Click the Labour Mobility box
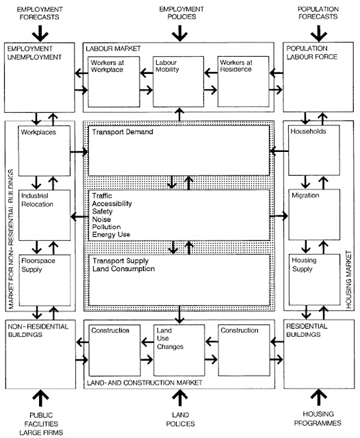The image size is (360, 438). pyautogui.click(x=178, y=81)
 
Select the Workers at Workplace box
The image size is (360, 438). pyautogui.click(x=114, y=81)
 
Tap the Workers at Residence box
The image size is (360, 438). pyautogui.click(x=243, y=81)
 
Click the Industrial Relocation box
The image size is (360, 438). pyautogui.click(x=44, y=215)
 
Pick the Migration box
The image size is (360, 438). pyautogui.click(x=314, y=214)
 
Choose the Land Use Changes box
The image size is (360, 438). pyautogui.click(x=179, y=350)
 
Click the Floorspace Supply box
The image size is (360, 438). pyautogui.click(x=44, y=280)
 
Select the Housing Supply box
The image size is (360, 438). pyautogui.click(x=314, y=279)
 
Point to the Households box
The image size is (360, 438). pyautogui.click(x=314, y=151)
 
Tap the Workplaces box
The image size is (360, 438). pyautogui.click(x=44, y=151)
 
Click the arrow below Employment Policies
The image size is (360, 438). pyautogui.click(x=179, y=34)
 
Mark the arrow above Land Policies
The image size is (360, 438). pyautogui.click(x=180, y=398)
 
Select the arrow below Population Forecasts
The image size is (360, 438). pyautogui.click(x=319, y=34)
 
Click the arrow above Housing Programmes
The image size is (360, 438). pyautogui.click(x=319, y=398)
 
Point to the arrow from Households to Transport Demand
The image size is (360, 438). pyautogui.click(x=279, y=151)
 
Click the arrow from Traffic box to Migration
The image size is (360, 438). pyautogui.click(x=279, y=216)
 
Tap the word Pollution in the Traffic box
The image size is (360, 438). pyautogui.click(x=106, y=227)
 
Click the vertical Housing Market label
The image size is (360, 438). pyautogui.click(x=349, y=279)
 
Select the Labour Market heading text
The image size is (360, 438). pyautogui.click(x=113, y=49)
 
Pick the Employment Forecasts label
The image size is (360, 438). pyautogui.click(x=40, y=13)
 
